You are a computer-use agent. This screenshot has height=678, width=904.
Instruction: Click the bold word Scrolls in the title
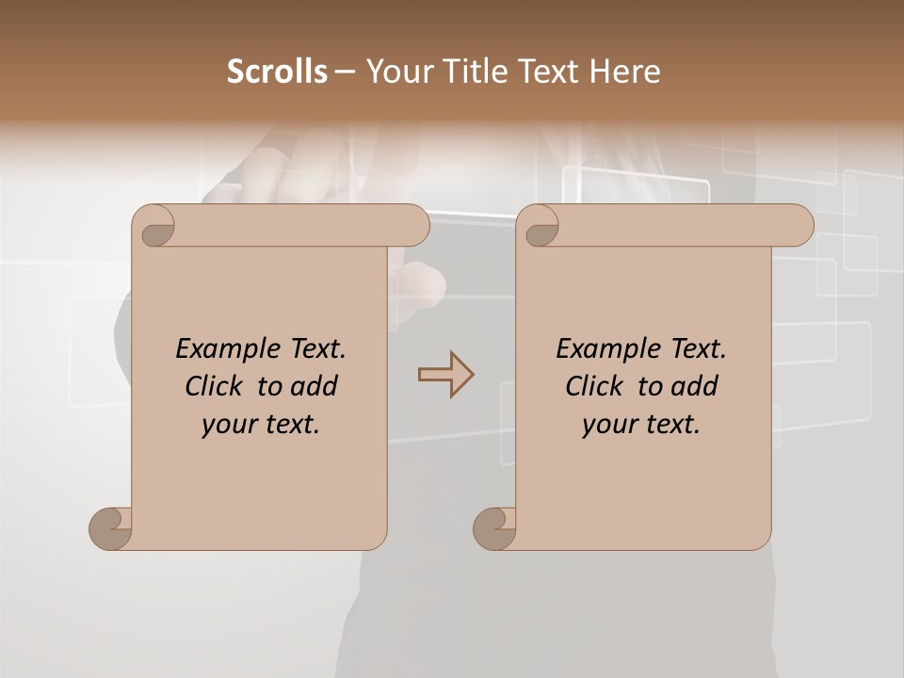[x=276, y=71]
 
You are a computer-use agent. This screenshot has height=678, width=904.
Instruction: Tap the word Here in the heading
[x=625, y=71]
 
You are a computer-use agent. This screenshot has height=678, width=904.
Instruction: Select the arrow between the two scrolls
[x=445, y=374]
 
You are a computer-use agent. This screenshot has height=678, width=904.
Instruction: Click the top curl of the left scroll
[x=154, y=226]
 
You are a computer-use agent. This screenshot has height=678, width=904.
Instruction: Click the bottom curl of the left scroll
[x=110, y=528]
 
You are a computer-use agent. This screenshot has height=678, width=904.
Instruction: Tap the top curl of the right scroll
[x=540, y=226]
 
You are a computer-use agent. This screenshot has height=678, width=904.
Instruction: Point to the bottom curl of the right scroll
[x=494, y=528]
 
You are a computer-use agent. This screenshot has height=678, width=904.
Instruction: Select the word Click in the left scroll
[x=213, y=386]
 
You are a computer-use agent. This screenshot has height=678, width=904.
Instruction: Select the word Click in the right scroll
[x=593, y=386]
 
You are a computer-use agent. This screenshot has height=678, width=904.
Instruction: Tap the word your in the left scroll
[x=227, y=425]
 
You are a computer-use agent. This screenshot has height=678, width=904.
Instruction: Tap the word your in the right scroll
[x=607, y=425]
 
